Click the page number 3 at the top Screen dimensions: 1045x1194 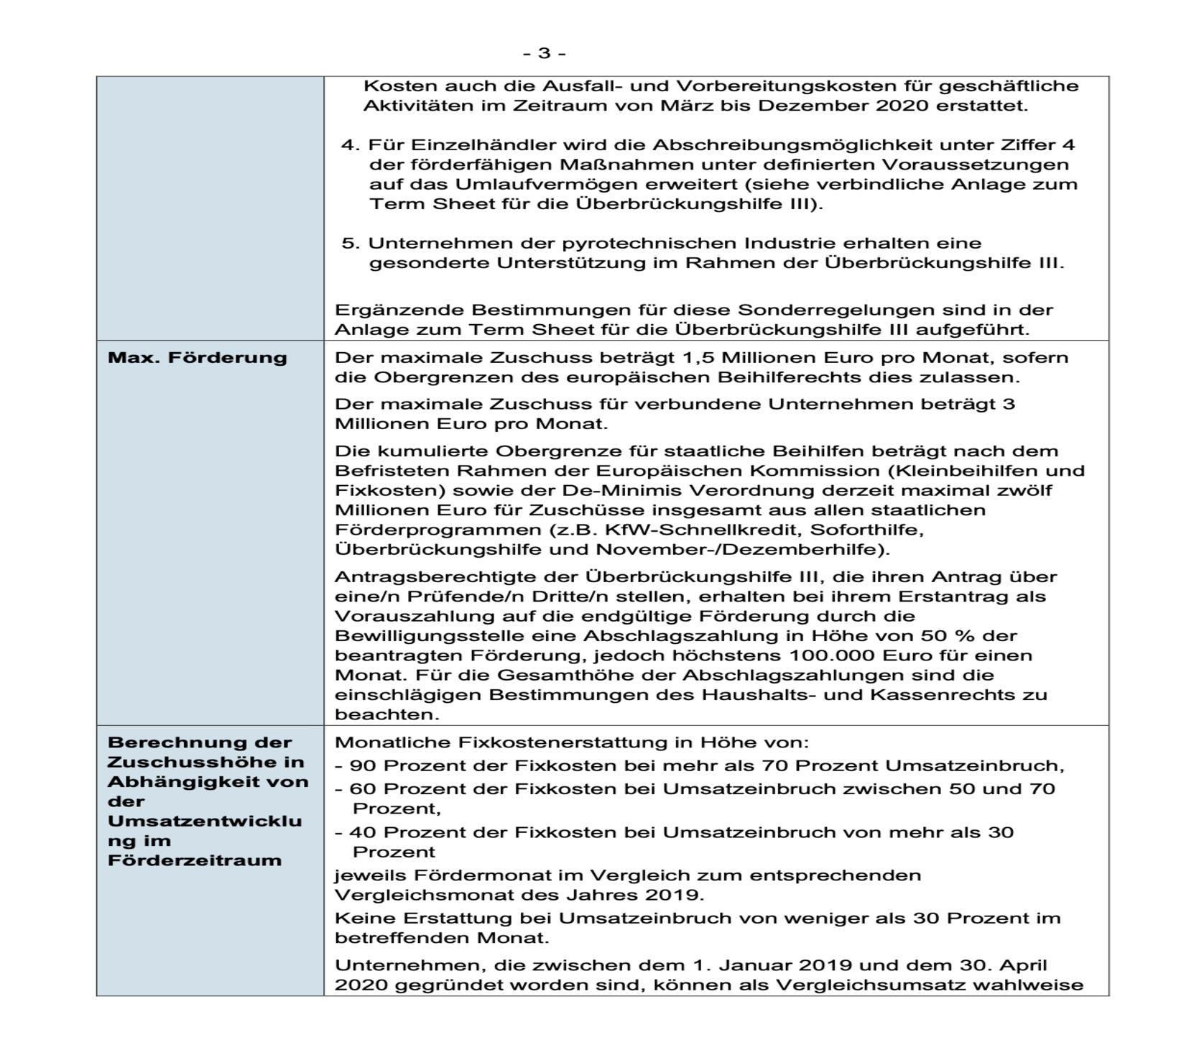coord(544,53)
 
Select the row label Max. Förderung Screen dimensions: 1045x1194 coord(197,358)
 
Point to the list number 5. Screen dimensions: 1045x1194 coord(349,243)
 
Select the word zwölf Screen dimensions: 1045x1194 coord(1025,490)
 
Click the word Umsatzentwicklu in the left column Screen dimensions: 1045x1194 coord(205,821)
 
